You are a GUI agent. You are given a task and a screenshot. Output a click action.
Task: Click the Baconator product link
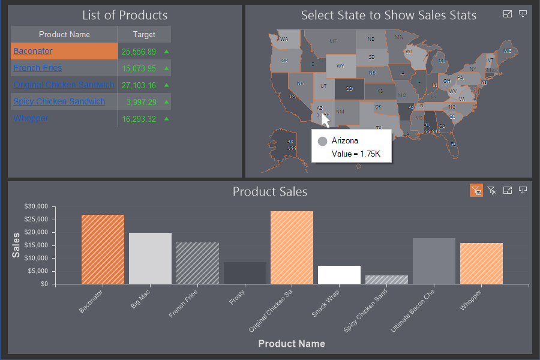coord(33,52)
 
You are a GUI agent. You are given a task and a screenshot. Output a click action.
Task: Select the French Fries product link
coord(37,68)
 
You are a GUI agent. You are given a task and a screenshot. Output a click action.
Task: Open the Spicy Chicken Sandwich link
coord(59,102)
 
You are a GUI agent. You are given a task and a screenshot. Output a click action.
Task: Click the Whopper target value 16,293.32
coord(139,119)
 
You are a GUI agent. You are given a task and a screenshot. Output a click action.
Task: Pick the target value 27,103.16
coord(139,86)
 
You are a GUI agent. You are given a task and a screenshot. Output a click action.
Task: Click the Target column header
coord(144,35)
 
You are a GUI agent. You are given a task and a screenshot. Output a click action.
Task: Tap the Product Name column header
coord(64,35)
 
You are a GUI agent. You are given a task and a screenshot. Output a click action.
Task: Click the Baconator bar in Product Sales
coord(103,249)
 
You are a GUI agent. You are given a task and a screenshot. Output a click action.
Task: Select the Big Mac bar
coord(150,258)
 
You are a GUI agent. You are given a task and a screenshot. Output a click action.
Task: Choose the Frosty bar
coord(245,273)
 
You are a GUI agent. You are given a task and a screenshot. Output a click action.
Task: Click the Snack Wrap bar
coord(339,275)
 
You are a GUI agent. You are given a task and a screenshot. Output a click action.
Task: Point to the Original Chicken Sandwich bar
coord(292,247)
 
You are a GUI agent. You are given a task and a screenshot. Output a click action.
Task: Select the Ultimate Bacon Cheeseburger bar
coord(434,261)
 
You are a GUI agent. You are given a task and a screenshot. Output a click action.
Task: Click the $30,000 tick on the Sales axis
coord(35,206)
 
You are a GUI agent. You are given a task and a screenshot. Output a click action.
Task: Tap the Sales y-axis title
coord(16,245)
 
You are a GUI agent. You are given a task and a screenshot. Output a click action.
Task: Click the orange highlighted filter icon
coord(476,191)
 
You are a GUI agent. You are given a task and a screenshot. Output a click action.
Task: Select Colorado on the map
coord(349,89)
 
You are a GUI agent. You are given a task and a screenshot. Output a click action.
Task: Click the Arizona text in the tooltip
coord(345,141)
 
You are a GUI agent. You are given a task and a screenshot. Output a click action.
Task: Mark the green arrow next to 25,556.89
coord(166,52)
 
